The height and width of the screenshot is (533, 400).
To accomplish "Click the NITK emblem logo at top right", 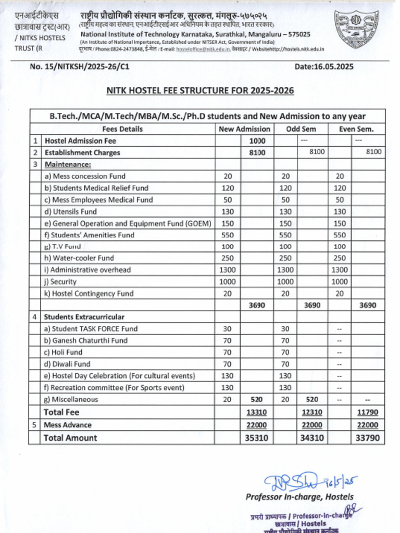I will coord(356,30).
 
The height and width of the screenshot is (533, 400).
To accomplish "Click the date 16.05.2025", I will coord(324,67).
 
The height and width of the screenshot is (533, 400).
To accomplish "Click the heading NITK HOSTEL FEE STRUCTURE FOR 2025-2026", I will coord(200,91).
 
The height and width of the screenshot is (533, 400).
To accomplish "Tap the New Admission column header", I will coord(244,129).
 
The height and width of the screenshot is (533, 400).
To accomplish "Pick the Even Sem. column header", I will coord(356,129).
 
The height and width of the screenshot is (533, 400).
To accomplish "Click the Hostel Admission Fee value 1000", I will coord(257,141).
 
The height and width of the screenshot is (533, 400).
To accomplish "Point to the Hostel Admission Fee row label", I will coord(80,141).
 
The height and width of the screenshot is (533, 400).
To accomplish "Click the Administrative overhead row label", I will coord(87,270).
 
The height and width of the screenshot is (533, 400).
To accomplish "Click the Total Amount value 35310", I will coord(257,438).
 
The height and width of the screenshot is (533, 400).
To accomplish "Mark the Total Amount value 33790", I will coord(367,438).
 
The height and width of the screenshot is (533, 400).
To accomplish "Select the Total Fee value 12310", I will coord(312,412).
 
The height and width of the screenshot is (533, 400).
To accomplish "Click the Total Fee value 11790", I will coord(367,412).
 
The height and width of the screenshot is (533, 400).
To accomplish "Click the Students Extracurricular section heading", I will coord(84,317).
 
